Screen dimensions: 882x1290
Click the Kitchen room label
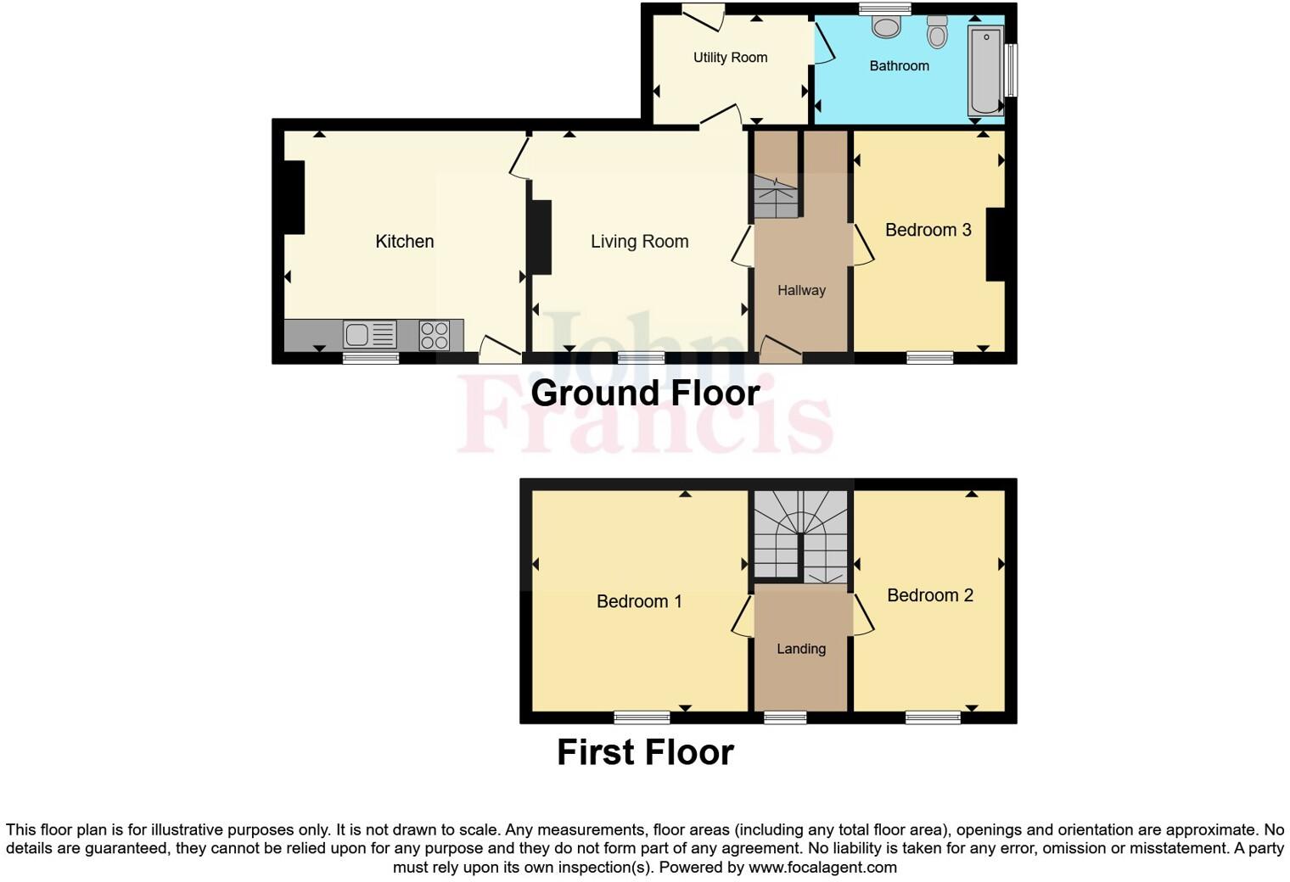(x=404, y=242)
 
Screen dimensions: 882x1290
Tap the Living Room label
(x=639, y=242)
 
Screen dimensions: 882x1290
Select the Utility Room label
(x=730, y=58)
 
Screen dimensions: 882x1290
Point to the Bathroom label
(x=899, y=66)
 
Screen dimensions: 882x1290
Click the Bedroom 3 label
(x=928, y=230)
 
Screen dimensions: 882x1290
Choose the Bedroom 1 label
(x=639, y=601)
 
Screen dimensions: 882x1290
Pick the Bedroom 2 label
(x=929, y=595)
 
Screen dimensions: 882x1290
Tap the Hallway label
(x=801, y=291)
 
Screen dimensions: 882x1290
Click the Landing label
(x=800, y=649)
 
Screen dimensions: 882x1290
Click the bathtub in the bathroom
(x=985, y=70)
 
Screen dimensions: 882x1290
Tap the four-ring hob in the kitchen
(x=435, y=335)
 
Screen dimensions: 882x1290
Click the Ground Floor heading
(x=645, y=394)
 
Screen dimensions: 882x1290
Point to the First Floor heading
(x=645, y=752)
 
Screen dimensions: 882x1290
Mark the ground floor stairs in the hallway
(x=776, y=197)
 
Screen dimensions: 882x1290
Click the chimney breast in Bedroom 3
(x=995, y=244)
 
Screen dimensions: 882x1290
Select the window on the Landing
(x=785, y=718)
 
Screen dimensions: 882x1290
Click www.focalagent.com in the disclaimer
(x=822, y=868)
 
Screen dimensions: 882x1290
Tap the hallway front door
(x=779, y=349)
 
